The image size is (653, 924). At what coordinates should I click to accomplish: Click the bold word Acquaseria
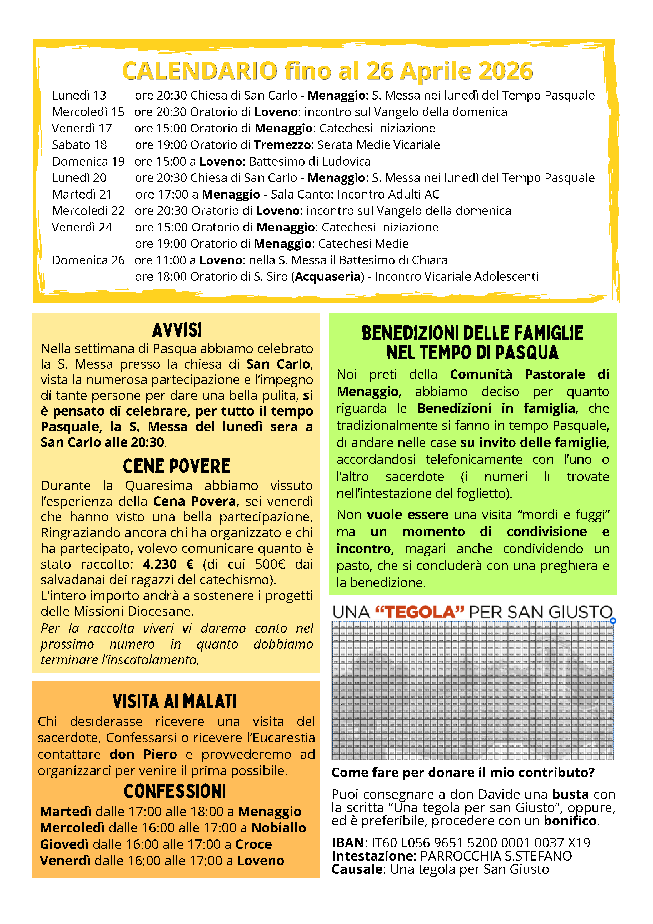click(328, 277)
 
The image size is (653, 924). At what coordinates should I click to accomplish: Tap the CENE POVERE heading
click(177, 466)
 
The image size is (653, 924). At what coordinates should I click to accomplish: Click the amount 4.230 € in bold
click(168, 564)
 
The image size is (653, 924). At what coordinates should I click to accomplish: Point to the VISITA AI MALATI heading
click(175, 701)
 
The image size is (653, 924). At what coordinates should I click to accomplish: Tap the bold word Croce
click(253, 844)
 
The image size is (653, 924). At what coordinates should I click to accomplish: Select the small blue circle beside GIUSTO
click(613, 621)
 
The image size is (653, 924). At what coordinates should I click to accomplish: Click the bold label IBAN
click(347, 843)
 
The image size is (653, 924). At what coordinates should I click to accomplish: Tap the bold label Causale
click(356, 869)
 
